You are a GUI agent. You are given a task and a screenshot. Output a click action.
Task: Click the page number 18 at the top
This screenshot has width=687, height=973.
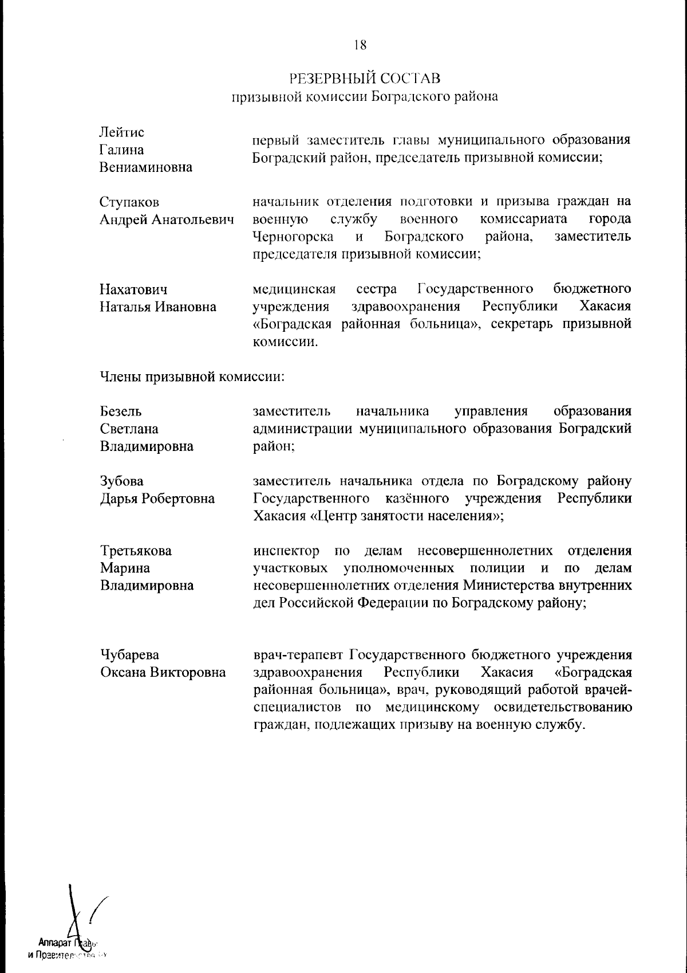(360, 45)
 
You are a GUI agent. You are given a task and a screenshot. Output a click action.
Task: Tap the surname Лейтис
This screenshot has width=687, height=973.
(122, 132)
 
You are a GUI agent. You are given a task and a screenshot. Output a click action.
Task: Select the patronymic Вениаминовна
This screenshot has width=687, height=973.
(146, 168)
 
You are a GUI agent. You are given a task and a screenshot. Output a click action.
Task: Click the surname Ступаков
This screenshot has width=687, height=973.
(129, 202)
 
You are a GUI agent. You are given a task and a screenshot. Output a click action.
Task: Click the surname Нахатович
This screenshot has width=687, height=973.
(134, 289)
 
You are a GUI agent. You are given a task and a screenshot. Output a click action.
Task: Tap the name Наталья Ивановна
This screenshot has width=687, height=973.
(158, 307)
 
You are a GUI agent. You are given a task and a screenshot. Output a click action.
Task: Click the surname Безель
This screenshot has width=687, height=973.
(121, 411)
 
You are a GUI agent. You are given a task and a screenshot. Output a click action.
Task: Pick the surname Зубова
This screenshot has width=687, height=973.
(122, 481)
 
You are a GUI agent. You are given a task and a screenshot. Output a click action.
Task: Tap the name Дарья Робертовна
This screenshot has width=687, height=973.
(157, 499)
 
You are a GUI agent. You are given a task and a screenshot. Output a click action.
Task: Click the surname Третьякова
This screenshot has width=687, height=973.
(136, 551)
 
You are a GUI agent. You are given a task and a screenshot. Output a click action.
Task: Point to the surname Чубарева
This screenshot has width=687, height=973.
(130, 655)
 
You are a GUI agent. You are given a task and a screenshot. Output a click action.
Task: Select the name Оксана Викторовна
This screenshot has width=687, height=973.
(163, 672)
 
